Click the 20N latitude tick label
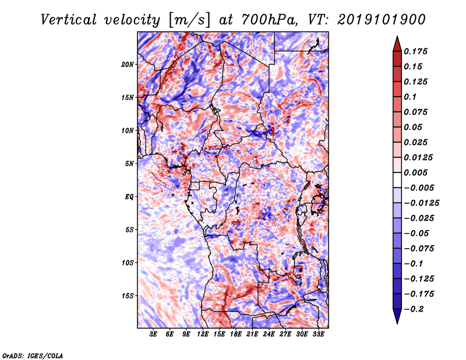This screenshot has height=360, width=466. coord(128,64)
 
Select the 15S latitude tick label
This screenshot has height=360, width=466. coord(128,296)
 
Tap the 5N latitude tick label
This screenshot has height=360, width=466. coord(129,164)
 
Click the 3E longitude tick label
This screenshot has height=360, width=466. coord(154,334)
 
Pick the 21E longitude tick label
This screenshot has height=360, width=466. coord(253,334)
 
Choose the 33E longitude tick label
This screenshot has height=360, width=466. coord(319,334)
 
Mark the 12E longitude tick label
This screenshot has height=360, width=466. coord(203,334)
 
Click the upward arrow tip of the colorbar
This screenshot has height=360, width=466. coord(396,38)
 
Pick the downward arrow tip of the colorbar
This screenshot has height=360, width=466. coord(396,322)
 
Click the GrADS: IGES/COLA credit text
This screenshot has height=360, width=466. coord(32,355)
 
